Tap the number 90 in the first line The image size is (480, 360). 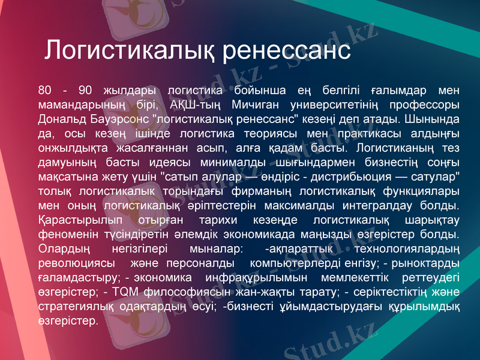[85, 91]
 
